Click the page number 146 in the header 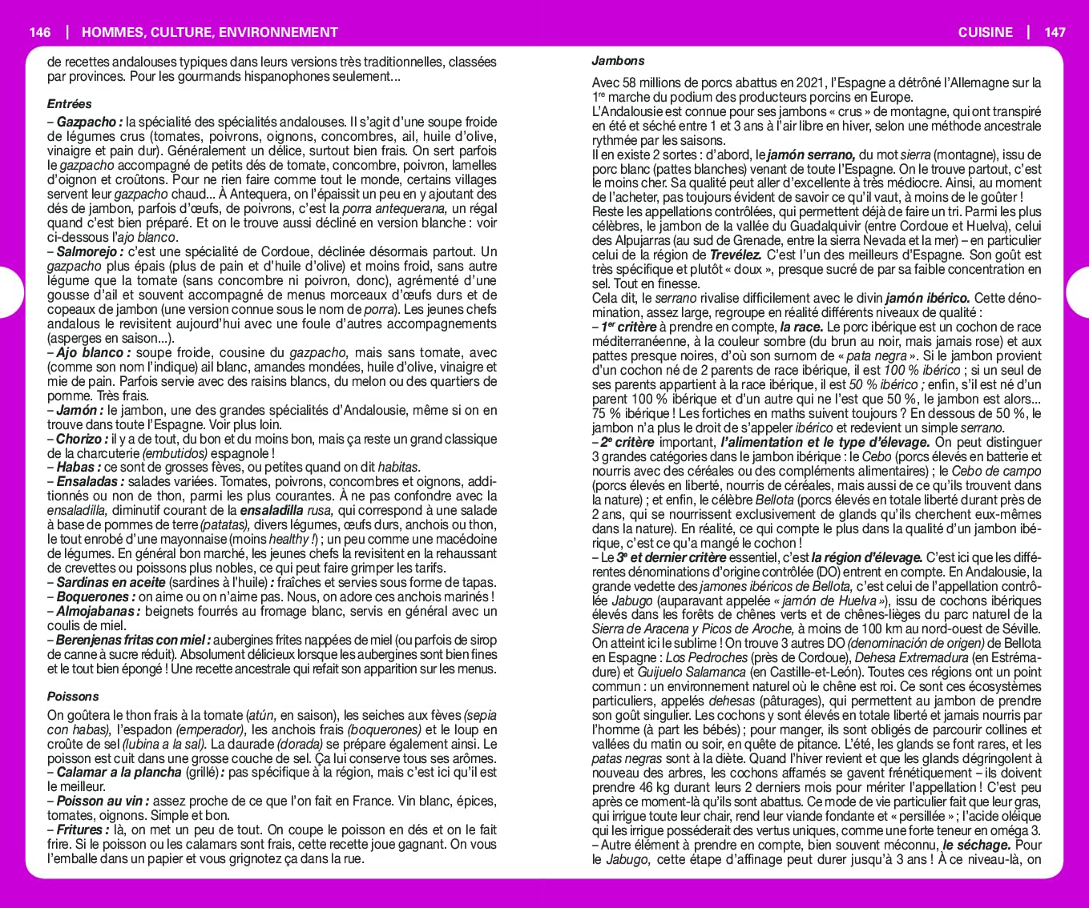(x=39, y=32)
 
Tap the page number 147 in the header (x=1055, y=32)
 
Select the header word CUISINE (x=985, y=32)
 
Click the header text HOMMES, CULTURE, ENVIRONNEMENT (x=210, y=32)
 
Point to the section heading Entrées (x=69, y=104)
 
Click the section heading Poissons (x=73, y=697)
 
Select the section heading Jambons (x=618, y=61)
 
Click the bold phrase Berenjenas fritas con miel (x=132, y=641)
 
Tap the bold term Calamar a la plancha (x=119, y=773)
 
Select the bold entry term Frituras (x=82, y=830)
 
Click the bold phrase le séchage (x=975, y=846)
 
